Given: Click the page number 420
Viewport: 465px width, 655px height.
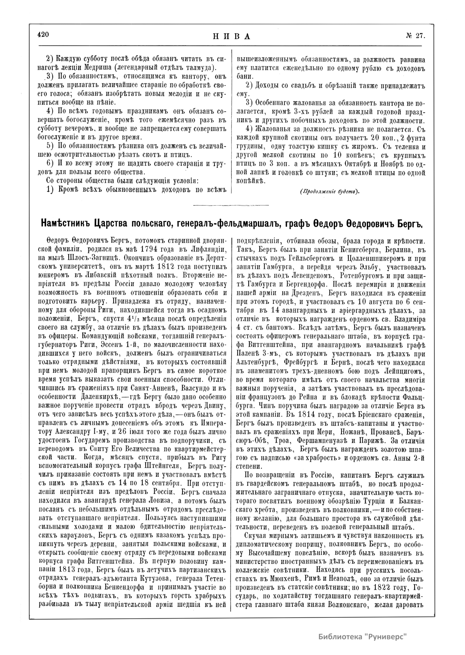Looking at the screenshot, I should pyautogui.click(x=43, y=34).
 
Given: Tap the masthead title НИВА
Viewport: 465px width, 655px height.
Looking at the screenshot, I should pyautogui.click(x=231, y=37).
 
